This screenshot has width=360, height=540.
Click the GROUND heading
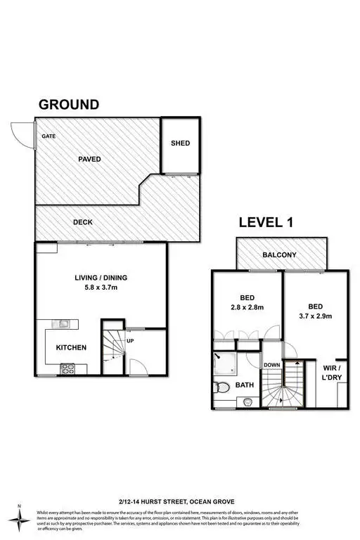point(68,105)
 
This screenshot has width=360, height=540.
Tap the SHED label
point(180,143)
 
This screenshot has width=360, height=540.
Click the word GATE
point(49,136)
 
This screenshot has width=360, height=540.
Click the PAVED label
point(89,160)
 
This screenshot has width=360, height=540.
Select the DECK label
point(83,222)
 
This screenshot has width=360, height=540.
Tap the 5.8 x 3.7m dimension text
point(101,287)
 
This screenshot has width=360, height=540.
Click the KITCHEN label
point(71,347)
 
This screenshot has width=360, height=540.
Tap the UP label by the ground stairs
point(130,342)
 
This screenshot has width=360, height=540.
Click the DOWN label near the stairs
point(272,365)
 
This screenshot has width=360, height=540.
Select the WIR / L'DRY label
point(330,373)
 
